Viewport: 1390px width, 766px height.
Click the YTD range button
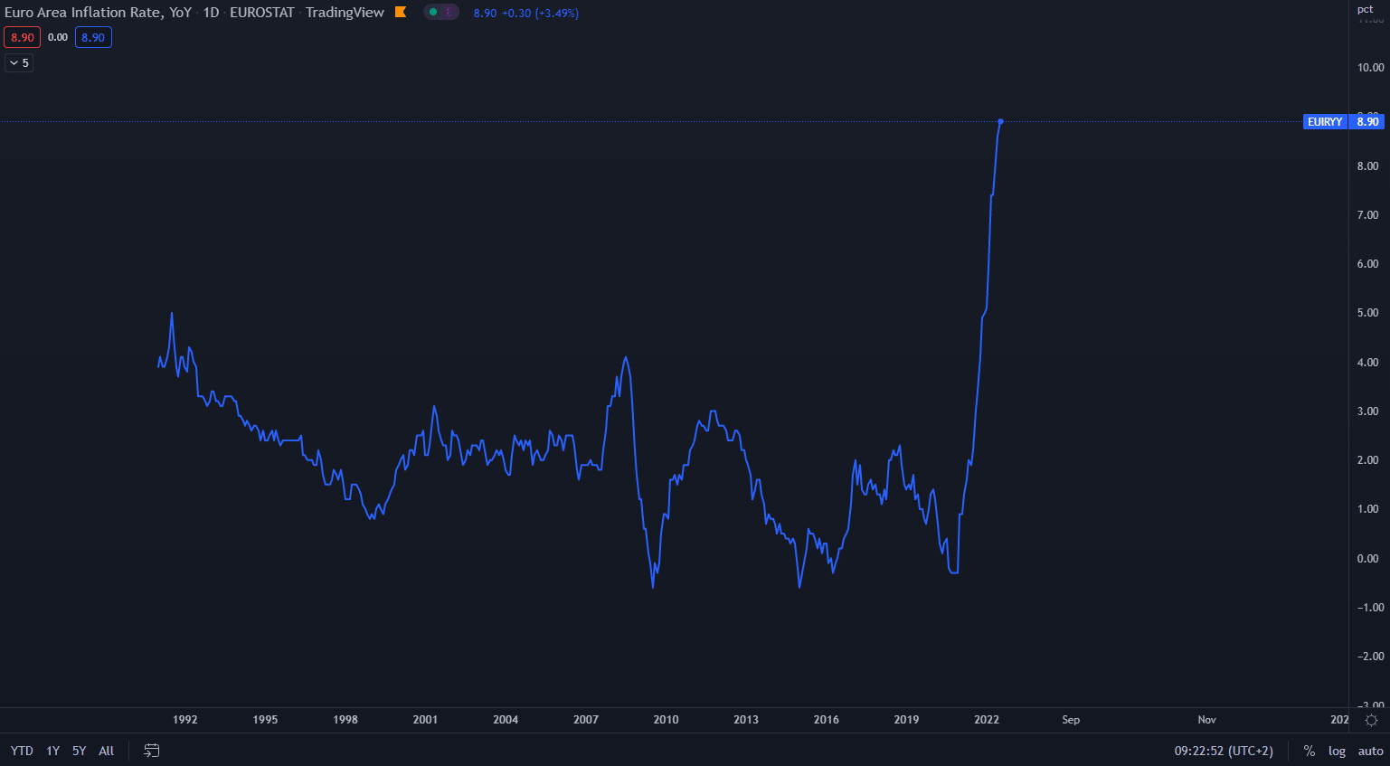[x=22, y=751]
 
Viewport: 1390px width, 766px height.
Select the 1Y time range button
[x=53, y=751]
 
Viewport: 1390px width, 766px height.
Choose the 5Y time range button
[x=80, y=751]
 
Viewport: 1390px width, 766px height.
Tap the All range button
[x=106, y=751]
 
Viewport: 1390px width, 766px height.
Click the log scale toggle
[x=1337, y=751]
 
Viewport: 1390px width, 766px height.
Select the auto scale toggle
[x=1370, y=751]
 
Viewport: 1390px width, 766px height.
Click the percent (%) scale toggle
[x=1309, y=751]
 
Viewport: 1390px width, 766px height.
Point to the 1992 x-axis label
[x=184, y=720]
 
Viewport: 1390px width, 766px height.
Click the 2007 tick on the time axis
[x=586, y=720]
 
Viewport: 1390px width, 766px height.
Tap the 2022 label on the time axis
[x=987, y=720]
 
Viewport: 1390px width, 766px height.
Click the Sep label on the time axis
[x=1071, y=720]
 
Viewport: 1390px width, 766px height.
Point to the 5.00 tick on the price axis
[x=1367, y=313]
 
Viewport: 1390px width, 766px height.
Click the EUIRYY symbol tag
[x=1325, y=122]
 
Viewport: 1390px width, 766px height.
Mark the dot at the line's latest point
[x=1000, y=121]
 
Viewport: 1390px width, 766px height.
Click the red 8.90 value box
[x=22, y=37]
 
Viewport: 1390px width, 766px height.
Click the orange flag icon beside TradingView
[x=401, y=13]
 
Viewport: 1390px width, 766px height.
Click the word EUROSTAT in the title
[x=262, y=13]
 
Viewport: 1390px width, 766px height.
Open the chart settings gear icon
[x=1371, y=720]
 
